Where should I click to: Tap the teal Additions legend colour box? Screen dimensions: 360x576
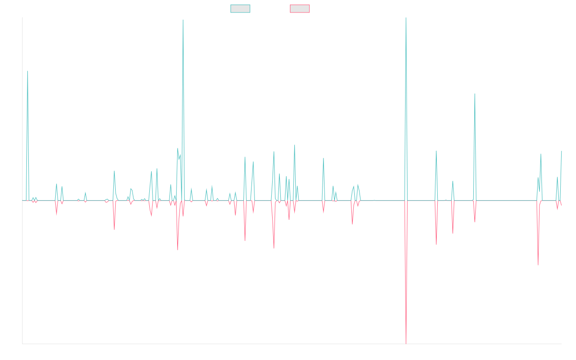[x=240, y=9]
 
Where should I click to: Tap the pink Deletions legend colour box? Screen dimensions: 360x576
[x=300, y=9]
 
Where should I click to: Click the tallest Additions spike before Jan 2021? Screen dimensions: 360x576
[x=183, y=20]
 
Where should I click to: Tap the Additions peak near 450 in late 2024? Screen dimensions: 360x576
[x=475, y=94]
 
